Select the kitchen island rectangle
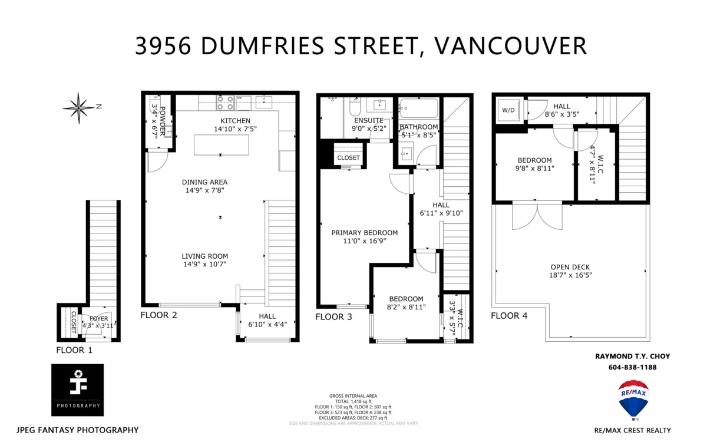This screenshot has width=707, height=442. coord(221,145)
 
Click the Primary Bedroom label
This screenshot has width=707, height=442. coord(364,232)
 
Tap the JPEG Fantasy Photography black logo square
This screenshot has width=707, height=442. coord(77,390)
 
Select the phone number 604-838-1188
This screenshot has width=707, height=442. coord(632,367)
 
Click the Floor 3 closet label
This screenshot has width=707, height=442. coord(348,158)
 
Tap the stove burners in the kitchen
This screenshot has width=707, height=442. coord(225,103)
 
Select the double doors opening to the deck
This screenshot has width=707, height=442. coord(537,216)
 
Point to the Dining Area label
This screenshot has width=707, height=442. coord(204,182)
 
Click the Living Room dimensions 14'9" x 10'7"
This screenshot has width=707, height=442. coord(204,264)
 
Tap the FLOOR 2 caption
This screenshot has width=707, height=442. coord(158,315)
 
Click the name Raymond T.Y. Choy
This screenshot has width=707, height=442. coord(632,356)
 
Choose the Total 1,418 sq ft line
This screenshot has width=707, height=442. coord(353,401)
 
